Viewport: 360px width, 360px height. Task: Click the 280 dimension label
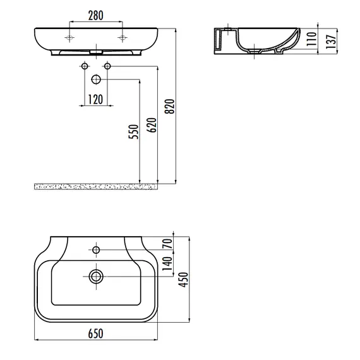coord(96,16)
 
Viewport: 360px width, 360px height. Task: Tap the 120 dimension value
coord(95,100)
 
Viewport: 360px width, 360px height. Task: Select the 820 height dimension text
coord(170,106)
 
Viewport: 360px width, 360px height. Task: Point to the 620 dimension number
coord(152,125)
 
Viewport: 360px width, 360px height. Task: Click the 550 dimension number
coord(134,131)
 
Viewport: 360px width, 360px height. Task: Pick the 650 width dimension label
coord(96,333)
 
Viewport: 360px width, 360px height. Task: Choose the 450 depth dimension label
coord(183,280)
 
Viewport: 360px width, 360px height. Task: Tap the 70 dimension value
coord(167,244)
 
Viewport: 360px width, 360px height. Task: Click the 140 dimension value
coord(167,263)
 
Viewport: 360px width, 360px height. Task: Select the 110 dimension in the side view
coord(311,39)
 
